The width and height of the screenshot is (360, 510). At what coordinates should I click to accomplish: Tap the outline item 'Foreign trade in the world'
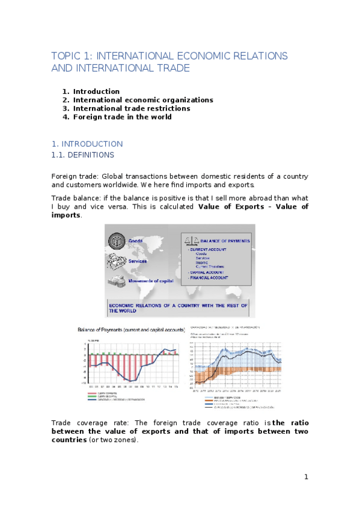pos(122,117)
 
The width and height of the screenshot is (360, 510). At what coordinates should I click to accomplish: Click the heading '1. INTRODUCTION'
pos(87,144)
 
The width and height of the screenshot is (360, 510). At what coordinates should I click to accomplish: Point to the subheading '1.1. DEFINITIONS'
pos(83,155)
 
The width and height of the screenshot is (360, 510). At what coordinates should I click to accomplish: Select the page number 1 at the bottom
pos(306,477)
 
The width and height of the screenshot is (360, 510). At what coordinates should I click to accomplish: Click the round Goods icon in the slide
pos(116,240)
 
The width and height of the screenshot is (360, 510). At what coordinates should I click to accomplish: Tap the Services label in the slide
pos(138,261)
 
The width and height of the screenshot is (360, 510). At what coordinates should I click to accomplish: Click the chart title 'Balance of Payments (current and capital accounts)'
pos(130,330)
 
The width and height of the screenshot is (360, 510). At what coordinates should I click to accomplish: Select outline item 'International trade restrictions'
pos(132,108)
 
